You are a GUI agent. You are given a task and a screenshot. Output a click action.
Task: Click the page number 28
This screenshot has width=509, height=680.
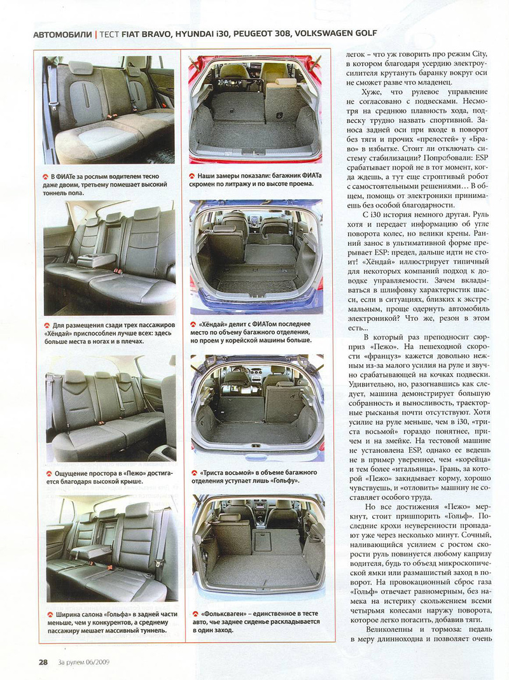pyautogui.click(x=43, y=662)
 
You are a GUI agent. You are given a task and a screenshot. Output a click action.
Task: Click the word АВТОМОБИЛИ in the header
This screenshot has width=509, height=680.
pyautogui.click(x=62, y=33)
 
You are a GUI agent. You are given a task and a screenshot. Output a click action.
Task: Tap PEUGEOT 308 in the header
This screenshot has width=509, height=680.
pyautogui.click(x=251, y=33)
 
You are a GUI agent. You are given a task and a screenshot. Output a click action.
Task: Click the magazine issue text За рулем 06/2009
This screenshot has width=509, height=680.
pyautogui.click(x=82, y=662)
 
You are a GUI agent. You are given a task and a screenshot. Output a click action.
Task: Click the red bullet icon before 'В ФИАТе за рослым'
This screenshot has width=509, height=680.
pyautogui.click(x=46, y=176)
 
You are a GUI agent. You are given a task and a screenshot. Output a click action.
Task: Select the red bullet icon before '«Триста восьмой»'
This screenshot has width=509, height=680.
pyautogui.click(x=193, y=473)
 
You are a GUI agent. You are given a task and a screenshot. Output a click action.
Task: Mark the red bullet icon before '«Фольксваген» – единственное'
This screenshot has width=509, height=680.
pyautogui.click(x=193, y=614)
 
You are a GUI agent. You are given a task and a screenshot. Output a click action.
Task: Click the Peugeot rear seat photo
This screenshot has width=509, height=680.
pyautogui.click(x=109, y=407)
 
